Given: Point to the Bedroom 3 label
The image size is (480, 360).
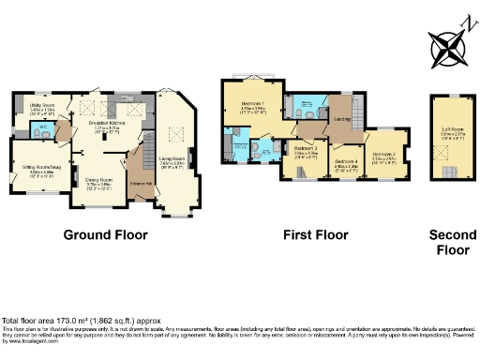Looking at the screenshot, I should coord(305,148).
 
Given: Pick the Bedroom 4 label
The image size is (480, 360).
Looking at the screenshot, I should coord(347,162).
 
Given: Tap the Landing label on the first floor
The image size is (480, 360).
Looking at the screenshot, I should coord(343,118).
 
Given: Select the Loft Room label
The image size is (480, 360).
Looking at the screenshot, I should coord(449,131).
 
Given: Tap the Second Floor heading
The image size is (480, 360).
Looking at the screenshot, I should coord(446,242).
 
